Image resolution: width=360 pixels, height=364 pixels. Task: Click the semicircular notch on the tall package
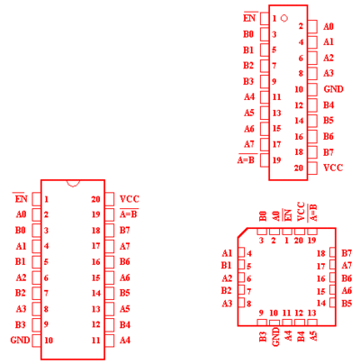pyautogui.click(x=73, y=185)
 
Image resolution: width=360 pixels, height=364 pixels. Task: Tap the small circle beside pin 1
pyautogui.click(x=284, y=18)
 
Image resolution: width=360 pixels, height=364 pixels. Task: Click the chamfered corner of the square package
pyautogui.click(x=243, y=233)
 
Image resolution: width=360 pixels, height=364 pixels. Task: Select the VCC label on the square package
pyautogui.click(x=301, y=212)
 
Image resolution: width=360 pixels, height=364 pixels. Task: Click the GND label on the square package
pyautogui.click(x=276, y=337)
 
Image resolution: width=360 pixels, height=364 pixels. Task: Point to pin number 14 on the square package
pyautogui.click(x=321, y=303)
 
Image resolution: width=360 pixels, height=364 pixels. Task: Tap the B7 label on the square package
pyautogui.click(x=346, y=253)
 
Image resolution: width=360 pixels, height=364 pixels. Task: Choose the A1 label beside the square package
pyautogui.click(x=227, y=253)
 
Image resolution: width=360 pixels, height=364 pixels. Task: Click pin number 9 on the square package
pyautogui.click(x=261, y=313)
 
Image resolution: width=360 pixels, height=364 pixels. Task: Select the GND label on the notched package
pyautogui.click(x=20, y=340)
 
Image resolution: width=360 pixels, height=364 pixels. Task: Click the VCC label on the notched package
pyautogui.click(x=130, y=199)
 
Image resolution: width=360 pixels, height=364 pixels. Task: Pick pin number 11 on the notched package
pyautogui.click(x=96, y=341)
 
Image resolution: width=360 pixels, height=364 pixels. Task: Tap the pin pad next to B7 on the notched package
pyautogui.click(x=110, y=231)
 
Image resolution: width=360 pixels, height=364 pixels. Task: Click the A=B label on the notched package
pyautogui.click(x=129, y=214)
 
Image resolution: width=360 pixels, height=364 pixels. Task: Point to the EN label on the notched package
pyautogui.click(x=21, y=198)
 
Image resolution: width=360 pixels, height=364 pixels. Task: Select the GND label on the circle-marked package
pyautogui.click(x=333, y=89)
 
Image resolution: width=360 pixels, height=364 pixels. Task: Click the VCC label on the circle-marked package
pyautogui.click(x=333, y=168)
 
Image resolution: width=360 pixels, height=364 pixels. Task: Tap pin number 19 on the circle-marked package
pyautogui.click(x=276, y=160)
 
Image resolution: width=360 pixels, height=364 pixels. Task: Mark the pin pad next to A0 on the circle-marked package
pyautogui.click(x=312, y=26)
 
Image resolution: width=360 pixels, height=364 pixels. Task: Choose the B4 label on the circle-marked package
pyautogui.click(x=328, y=105)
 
